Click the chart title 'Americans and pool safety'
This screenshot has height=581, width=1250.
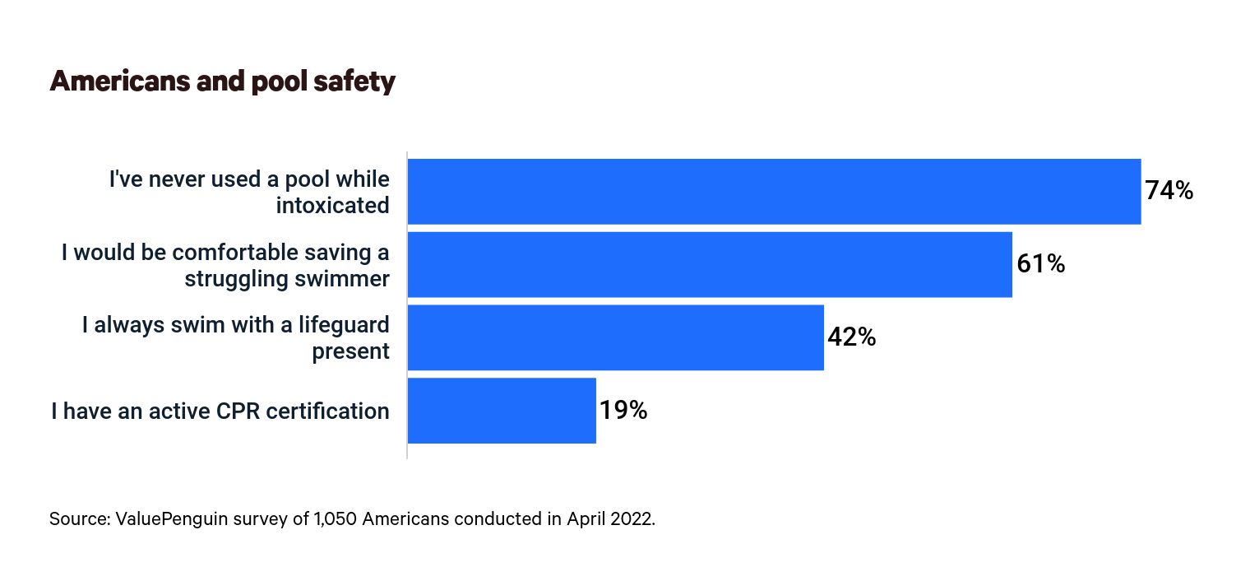coord(222,81)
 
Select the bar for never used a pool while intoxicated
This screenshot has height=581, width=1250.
coord(774,191)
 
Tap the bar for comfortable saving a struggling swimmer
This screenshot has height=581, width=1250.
coord(710,264)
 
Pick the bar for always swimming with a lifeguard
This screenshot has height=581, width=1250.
coord(615,337)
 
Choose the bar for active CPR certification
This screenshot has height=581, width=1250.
coord(502,411)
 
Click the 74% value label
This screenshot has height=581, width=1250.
coord(1169,191)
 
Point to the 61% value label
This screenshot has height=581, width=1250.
coord(1040,264)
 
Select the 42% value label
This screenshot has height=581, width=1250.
coord(851,337)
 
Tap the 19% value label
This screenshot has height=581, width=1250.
coord(623,411)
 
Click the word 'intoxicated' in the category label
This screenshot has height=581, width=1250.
coord(332,205)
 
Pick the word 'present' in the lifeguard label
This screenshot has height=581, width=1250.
coord(350,351)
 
